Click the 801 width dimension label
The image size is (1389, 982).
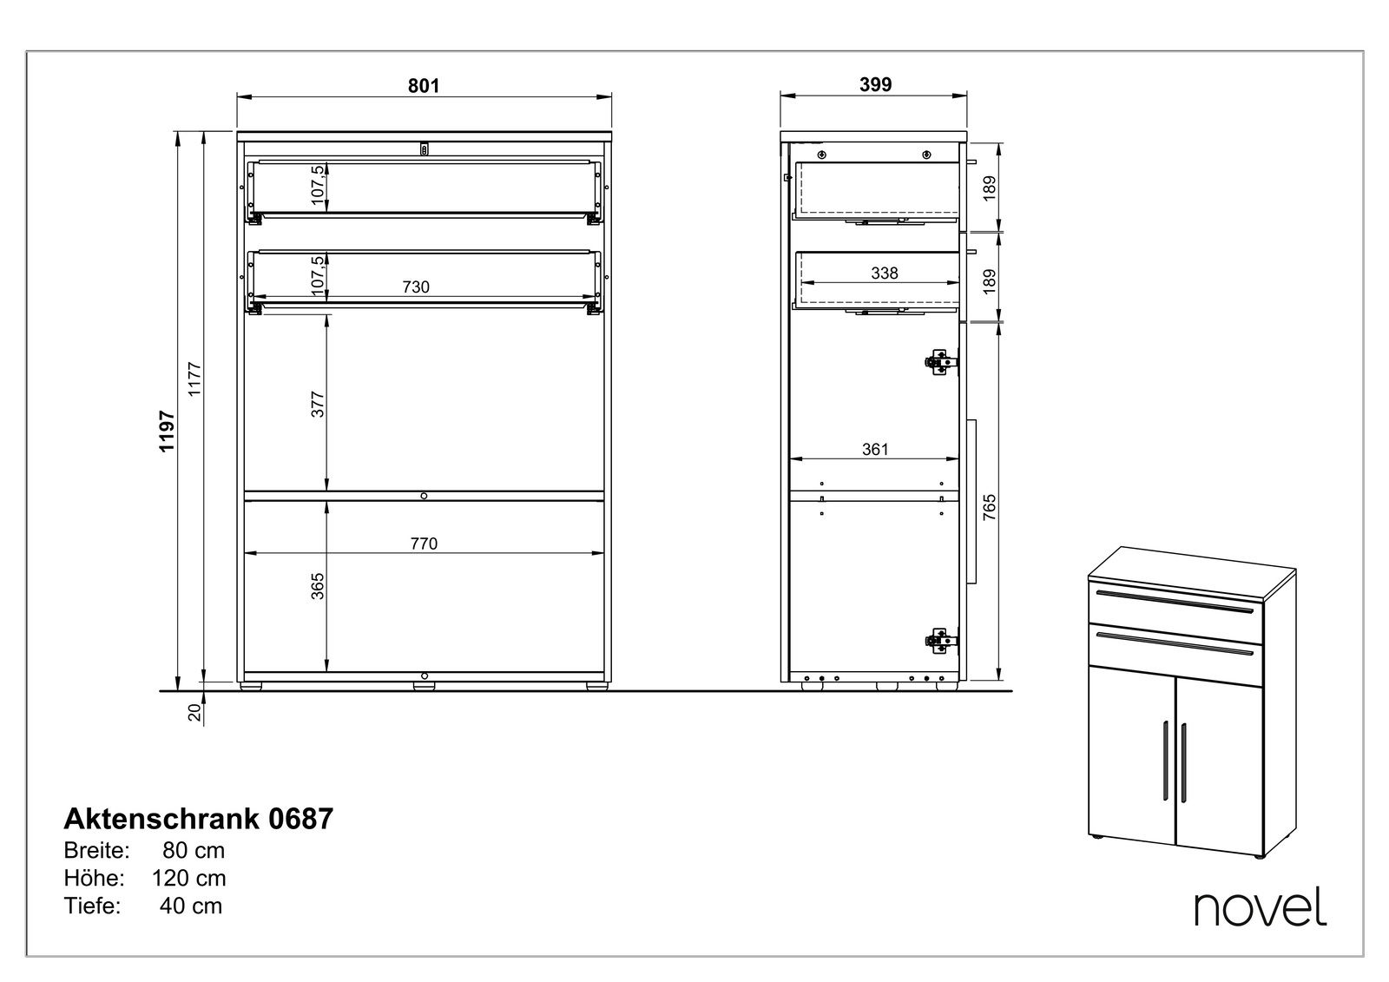pyautogui.click(x=424, y=86)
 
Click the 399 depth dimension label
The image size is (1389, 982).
pyautogui.click(x=875, y=84)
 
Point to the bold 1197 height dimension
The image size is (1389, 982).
pyautogui.click(x=168, y=432)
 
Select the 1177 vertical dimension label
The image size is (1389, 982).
pyautogui.click(x=194, y=379)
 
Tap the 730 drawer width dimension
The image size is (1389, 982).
pyautogui.click(x=416, y=287)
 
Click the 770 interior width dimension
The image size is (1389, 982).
pyautogui.click(x=424, y=544)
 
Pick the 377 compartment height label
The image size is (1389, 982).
pyautogui.click(x=318, y=404)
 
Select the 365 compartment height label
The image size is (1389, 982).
pyautogui.click(x=318, y=586)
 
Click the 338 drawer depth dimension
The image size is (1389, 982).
pyautogui.click(x=885, y=273)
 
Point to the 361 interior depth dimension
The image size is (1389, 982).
pyautogui.click(x=875, y=449)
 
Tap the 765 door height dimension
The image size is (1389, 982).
pyautogui.click(x=990, y=507)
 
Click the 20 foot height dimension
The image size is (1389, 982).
pyautogui.click(x=194, y=712)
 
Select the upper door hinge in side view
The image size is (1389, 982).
pyautogui.click(x=941, y=362)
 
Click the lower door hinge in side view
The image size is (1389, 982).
pyautogui.click(x=941, y=641)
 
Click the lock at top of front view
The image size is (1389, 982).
pyautogui.click(x=425, y=148)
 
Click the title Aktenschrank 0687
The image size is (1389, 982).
pyautogui.click(x=199, y=819)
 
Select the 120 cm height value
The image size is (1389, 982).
pyautogui.click(x=189, y=878)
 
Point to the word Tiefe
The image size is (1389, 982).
pyautogui.click(x=92, y=906)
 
